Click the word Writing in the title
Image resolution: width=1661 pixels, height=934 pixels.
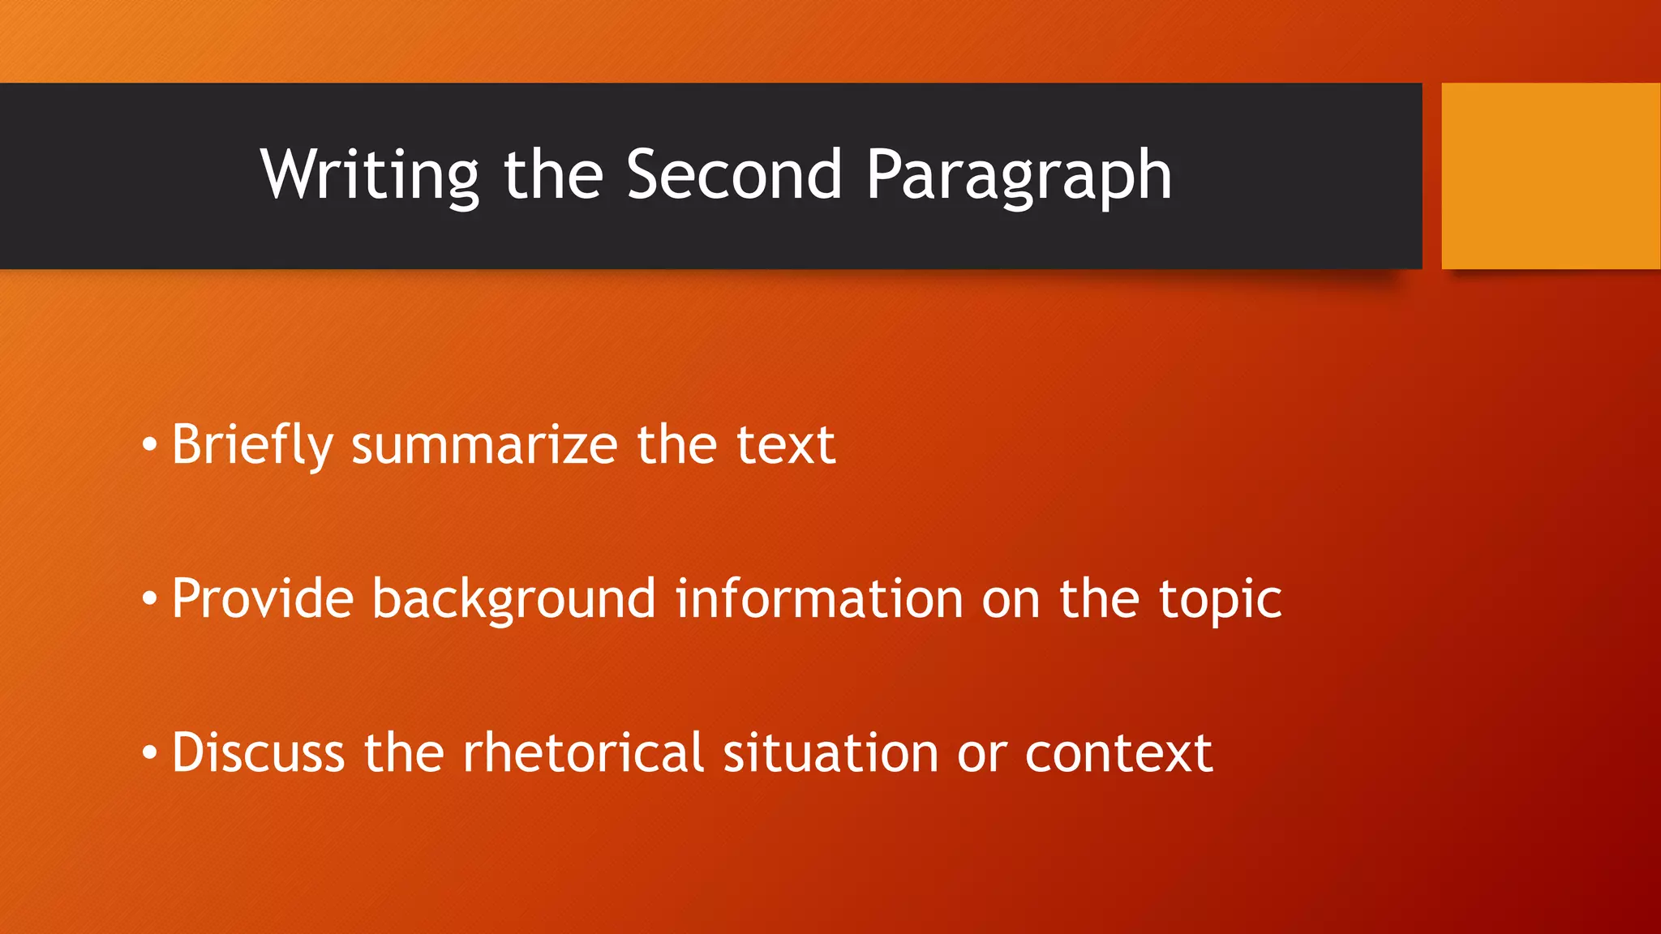tap(370, 175)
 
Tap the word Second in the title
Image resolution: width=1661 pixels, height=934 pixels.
tap(734, 175)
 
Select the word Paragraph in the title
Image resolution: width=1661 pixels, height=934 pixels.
tap(1019, 175)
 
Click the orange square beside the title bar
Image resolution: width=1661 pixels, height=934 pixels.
tap(1551, 176)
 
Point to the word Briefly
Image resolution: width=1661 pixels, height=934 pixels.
tap(252, 445)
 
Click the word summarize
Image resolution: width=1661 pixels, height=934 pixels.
tap(484, 445)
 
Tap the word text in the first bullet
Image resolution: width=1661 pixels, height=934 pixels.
tap(785, 445)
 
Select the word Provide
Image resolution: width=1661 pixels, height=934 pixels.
tap(263, 599)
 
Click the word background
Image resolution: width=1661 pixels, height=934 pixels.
tap(513, 599)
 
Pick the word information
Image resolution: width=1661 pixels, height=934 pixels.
tap(819, 599)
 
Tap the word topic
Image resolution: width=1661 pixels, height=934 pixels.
tap(1220, 599)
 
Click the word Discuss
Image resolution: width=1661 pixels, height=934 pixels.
tap(258, 753)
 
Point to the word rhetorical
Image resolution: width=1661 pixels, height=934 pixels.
tap(582, 753)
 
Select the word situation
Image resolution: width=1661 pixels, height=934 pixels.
tap(830, 753)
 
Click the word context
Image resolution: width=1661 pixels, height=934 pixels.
tap(1118, 753)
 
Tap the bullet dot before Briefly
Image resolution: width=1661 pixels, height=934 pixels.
tap(149, 445)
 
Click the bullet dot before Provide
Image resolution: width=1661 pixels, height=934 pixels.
tap(149, 599)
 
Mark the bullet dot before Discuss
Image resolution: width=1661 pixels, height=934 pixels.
tap(149, 753)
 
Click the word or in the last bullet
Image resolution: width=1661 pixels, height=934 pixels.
tap(981, 755)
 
